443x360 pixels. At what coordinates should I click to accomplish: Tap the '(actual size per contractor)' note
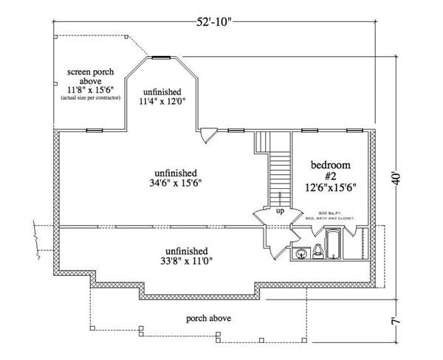pos(89,97)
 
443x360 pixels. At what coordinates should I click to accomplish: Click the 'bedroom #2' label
pos(331,170)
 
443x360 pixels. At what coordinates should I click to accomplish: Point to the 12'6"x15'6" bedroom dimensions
pos(331,187)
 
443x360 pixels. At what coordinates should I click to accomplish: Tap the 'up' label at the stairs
pos(280,211)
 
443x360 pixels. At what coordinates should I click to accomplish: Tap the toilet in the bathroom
pos(316,251)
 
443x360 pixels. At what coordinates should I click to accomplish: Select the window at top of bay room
pos(160,56)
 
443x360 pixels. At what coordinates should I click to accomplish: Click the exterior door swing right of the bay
pos(210,136)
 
